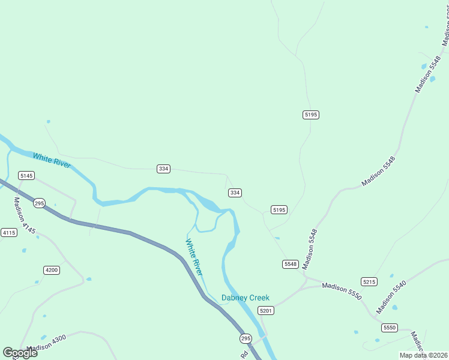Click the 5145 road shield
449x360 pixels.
26,176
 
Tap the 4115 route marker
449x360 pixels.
8,233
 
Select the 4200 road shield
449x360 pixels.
52,270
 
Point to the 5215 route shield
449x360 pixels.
369,281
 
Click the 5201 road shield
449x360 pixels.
266,310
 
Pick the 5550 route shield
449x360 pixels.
390,328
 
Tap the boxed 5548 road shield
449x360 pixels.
291,264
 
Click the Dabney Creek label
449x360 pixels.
246,298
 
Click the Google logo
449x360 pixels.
20,353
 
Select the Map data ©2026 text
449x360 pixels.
423,355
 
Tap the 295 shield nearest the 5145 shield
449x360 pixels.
39,203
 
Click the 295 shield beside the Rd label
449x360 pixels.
246,339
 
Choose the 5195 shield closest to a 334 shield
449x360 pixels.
279,210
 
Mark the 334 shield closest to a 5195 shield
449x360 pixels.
235,193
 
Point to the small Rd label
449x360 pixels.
244,355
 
